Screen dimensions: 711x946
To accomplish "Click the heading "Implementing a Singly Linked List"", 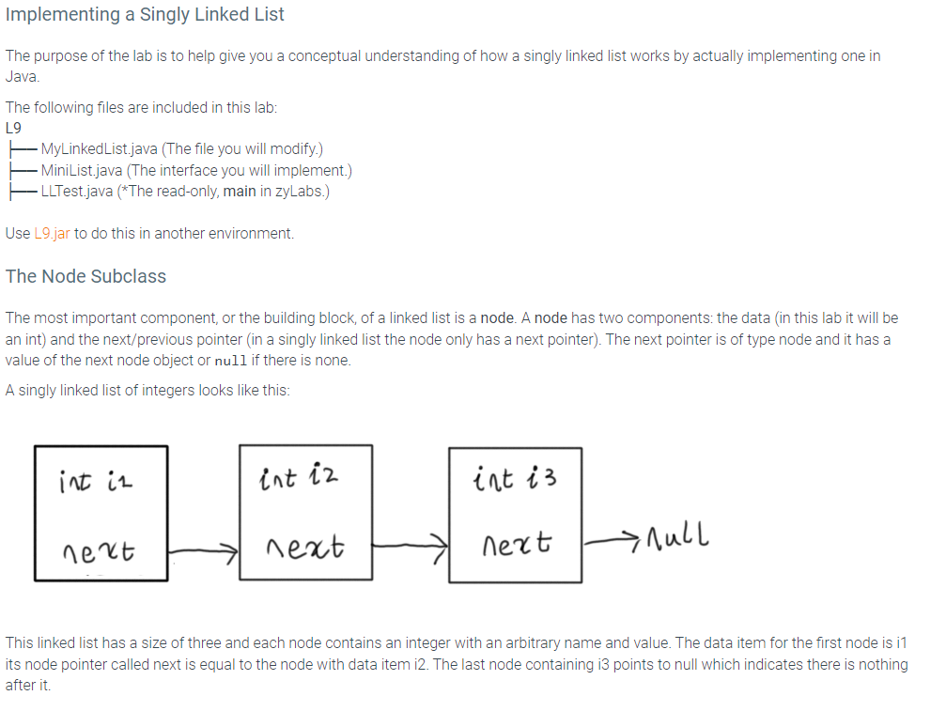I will point(145,15).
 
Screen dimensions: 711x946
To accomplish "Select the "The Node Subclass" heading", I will point(85,276).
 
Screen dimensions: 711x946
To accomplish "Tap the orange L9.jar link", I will point(51,233).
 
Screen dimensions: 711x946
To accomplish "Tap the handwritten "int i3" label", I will point(515,481).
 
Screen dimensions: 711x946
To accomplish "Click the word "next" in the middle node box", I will point(305,546).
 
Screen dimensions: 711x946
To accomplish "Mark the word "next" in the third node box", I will point(516,544).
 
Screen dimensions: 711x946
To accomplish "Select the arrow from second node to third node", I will point(411,543).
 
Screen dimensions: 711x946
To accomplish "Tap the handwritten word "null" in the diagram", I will point(676,538).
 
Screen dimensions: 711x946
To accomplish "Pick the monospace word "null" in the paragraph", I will point(232,361).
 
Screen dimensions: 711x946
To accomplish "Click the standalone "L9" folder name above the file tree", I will point(13,128).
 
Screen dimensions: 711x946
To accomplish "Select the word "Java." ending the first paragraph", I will point(20,77).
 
